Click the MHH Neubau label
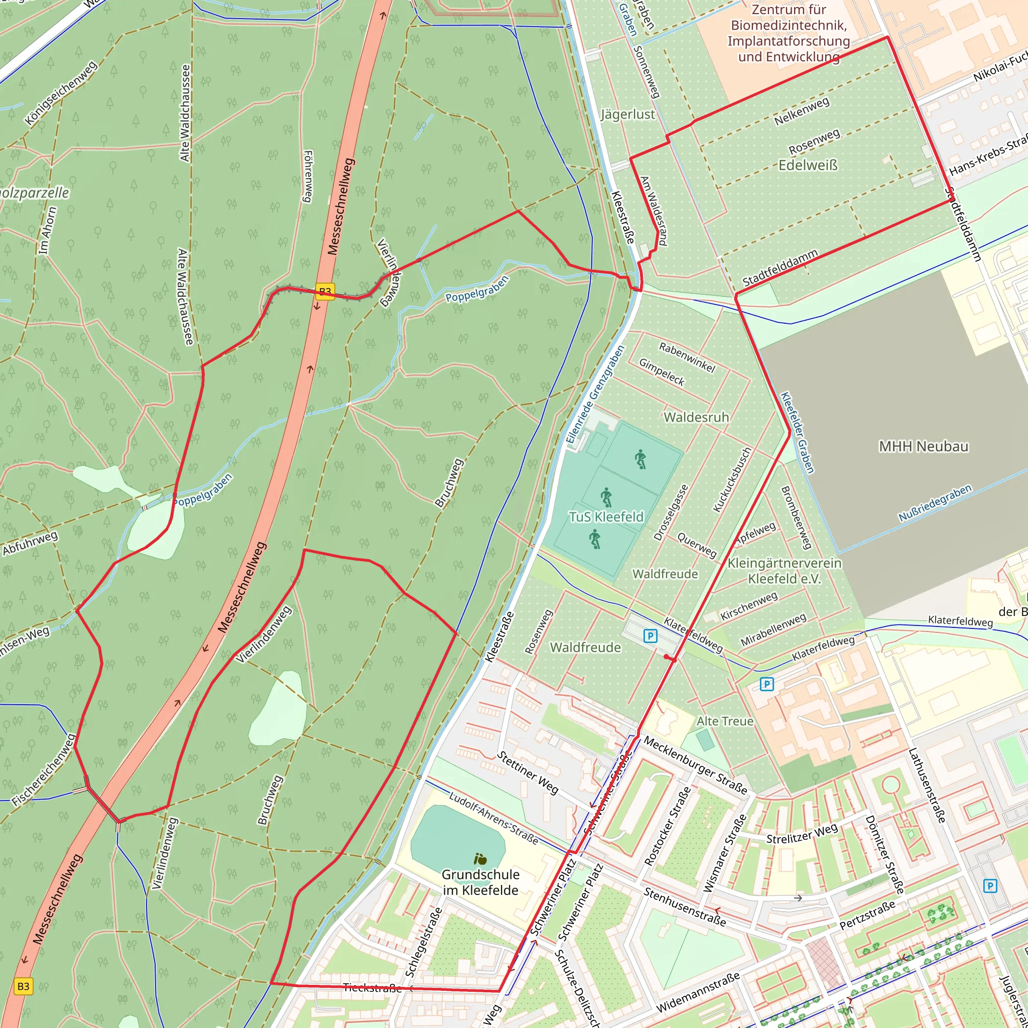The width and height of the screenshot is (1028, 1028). coord(923,446)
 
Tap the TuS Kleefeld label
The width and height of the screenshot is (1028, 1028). coord(606,517)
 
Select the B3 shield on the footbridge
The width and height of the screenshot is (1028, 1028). coord(325,291)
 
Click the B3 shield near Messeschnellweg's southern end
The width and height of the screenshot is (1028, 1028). coord(24,986)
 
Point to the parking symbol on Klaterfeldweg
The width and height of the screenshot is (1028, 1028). coord(650,636)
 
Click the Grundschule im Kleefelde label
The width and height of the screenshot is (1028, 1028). coord(480,882)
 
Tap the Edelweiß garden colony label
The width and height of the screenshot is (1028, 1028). coord(808,166)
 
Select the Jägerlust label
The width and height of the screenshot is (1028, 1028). coord(628,114)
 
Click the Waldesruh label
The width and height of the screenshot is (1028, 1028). coord(696,417)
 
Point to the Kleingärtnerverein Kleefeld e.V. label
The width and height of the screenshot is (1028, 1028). coord(785,571)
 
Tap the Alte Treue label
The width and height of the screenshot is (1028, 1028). coord(725,721)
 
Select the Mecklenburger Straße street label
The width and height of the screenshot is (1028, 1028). coord(695,764)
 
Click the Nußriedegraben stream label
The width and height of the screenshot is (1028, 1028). coord(935,503)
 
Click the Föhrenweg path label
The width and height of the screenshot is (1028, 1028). coord(308,176)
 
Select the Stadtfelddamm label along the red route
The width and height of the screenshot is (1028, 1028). coord(780,268)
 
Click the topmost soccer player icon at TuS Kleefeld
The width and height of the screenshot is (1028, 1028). coord(640,459)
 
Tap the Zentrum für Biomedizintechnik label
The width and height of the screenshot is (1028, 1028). coord(789,33)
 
